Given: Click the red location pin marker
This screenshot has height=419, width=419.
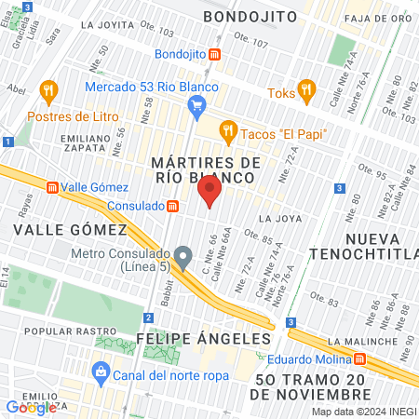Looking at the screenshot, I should (x=209, y=192).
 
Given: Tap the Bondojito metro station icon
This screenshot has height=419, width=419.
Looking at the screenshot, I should (x=215, y=55).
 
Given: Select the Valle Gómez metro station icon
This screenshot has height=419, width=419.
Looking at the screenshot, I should (x=52, y=186).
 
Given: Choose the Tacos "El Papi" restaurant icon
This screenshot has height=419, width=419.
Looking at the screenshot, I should (x=225, y=131).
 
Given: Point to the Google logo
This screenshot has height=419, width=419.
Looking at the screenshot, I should (x=31, y=406).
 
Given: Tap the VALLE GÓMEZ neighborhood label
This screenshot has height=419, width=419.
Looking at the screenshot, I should (x=69, y=229).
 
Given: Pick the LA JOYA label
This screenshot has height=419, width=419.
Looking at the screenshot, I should (x=277, y=218).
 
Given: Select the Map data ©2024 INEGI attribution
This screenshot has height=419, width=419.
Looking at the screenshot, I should (x=364, y=412).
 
